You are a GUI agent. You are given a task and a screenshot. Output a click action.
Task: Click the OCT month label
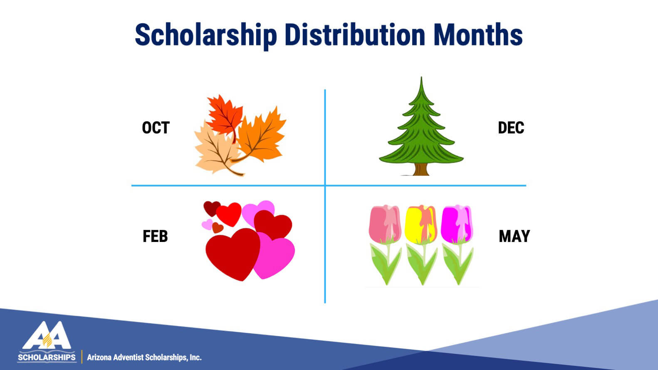pos(156,128)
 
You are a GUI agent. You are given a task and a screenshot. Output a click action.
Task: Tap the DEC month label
pos(511,128)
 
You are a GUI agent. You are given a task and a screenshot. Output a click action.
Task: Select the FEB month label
pos(155,236)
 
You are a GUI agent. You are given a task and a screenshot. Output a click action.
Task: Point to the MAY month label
pos(515,236)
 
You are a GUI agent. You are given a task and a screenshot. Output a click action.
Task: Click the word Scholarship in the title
pos(206,35)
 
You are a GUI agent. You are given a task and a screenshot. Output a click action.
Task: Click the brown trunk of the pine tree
pos(421,170)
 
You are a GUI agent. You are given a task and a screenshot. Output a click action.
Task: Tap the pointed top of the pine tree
pos(421,77)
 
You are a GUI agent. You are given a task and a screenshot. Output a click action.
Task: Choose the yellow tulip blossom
pos(421,224)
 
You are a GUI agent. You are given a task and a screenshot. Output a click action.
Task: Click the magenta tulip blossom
pos(457,224)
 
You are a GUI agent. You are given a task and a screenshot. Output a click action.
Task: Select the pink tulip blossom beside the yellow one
pos(385,224)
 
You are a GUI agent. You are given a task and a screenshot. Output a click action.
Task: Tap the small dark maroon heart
pos(211,207)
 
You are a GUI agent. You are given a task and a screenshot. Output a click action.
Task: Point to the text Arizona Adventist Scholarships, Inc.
pos(144,358)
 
